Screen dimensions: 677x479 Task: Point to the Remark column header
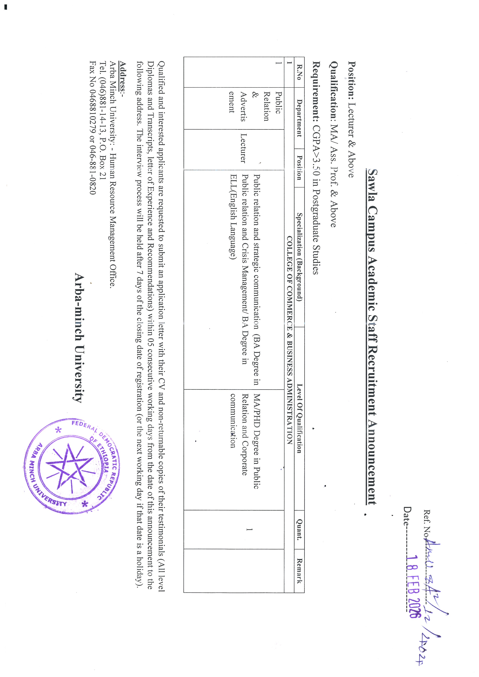point(299,571)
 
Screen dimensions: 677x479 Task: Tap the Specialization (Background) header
point(299,257)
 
